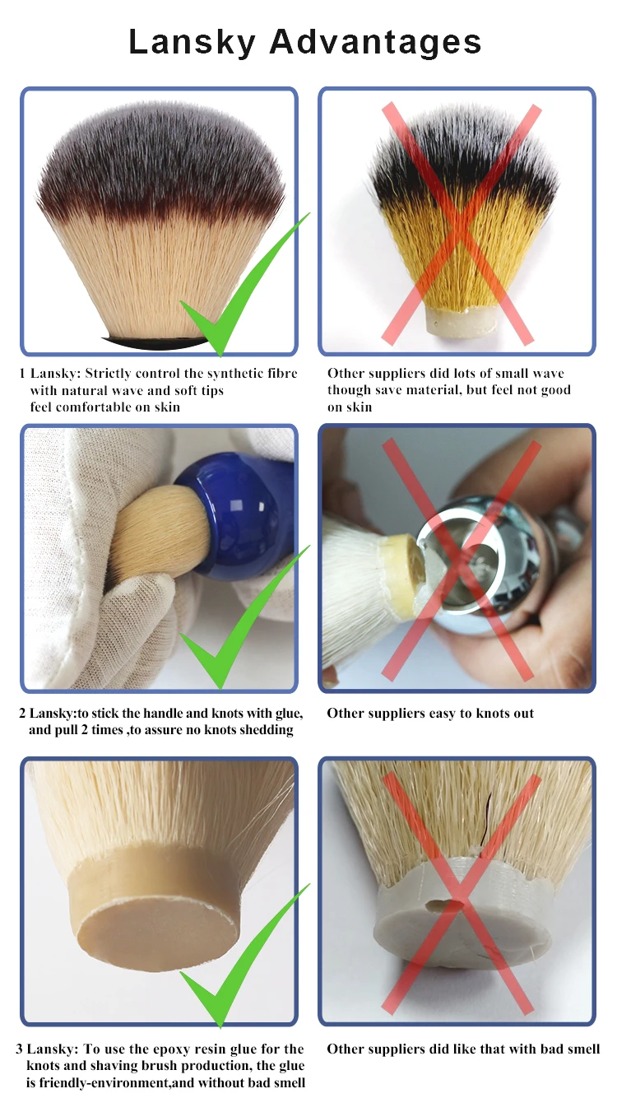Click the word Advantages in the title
(375, 42)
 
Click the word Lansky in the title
(192, 43)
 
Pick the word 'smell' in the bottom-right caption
(583, 1049)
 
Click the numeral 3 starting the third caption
(19, 1049)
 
